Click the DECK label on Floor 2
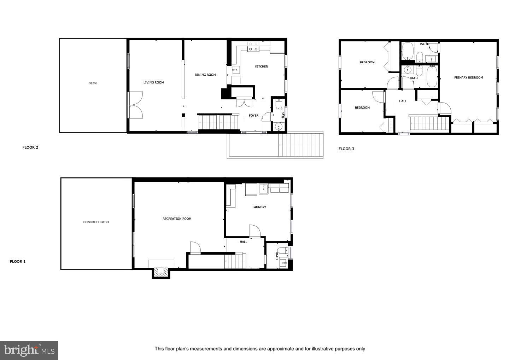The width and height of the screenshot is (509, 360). coord(93,83)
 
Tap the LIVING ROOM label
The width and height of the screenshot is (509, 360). coord(153,83)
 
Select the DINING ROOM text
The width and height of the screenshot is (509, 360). coord(205,75)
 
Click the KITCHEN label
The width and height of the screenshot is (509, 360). coord(262,66)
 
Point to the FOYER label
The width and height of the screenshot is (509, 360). coord(253,116)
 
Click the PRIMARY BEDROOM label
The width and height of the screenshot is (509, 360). coord(468,78)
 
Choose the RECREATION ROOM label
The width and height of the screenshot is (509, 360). coord(177,219)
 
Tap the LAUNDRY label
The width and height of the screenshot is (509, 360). coord(259,207)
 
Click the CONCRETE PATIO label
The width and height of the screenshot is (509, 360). coord(96,222)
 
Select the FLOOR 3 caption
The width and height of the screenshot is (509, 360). coord(346,149)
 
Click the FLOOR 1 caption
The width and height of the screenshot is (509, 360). coord(18,262)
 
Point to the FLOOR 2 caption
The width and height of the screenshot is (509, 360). coord(30,147)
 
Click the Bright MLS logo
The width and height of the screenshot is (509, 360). coord(29,350)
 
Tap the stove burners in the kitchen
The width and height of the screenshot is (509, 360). coord(253,49)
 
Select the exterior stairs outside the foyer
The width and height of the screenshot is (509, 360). coord(301,145)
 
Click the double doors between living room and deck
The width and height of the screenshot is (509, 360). coord(136,105)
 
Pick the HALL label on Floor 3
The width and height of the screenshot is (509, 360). coord(403,101)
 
